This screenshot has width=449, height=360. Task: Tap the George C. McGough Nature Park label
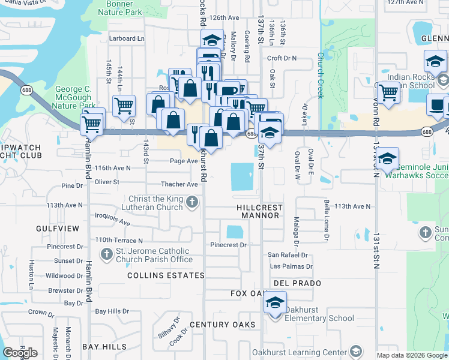click(73, 97)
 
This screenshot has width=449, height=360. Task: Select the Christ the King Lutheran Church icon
click(192, 201)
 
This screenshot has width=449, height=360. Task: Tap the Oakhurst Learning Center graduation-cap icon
click(355, 352)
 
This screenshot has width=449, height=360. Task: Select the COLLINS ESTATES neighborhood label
click(166, 275)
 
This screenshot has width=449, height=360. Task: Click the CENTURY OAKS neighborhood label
click(222, 325)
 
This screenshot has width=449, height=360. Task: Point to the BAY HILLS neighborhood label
click(104, 347)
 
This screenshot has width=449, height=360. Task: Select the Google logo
click(20, 353)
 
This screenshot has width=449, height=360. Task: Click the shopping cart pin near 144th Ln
click(124, 105)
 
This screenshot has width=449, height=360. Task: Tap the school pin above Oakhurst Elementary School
click(275, 302)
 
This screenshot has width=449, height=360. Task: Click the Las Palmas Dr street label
click(291, 266)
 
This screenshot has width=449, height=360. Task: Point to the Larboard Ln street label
click(127, 38)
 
